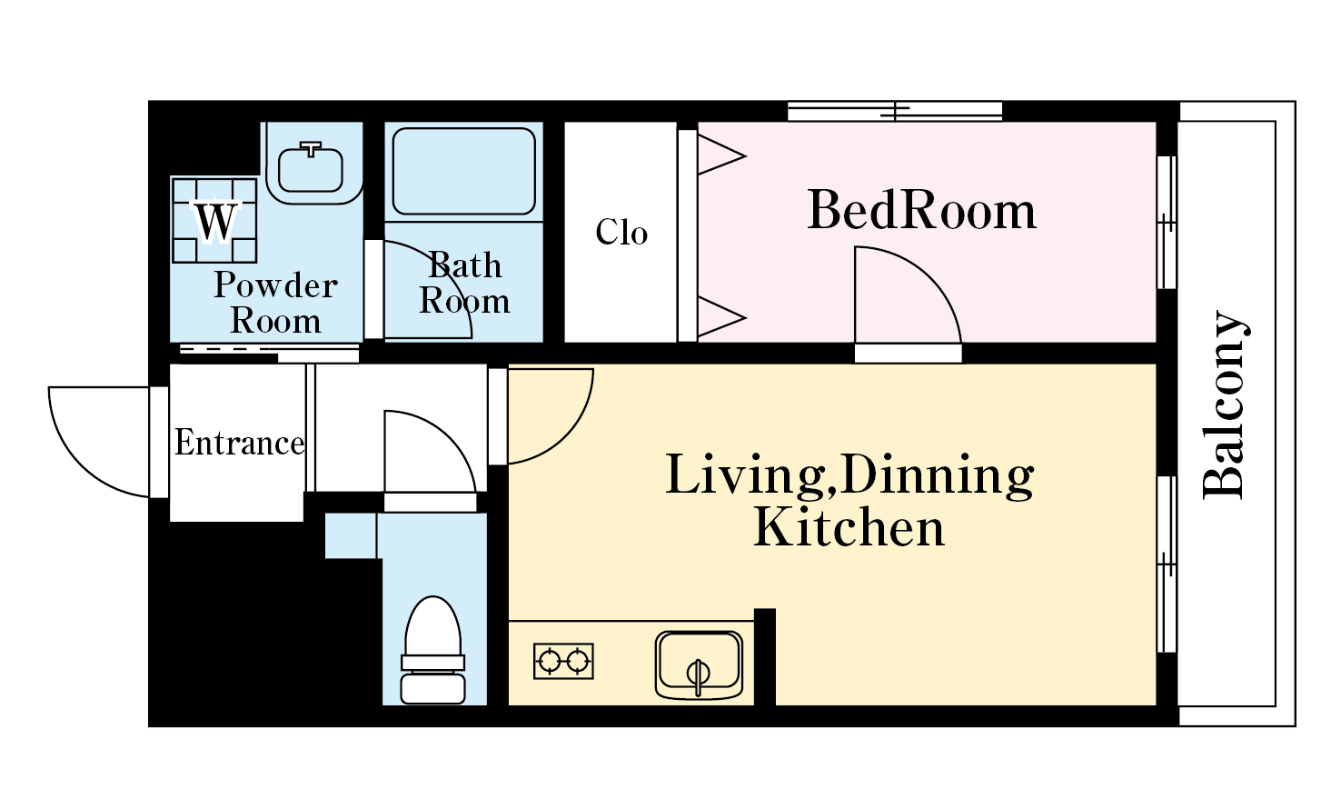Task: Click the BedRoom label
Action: coord(922,210)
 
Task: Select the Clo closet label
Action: coord(621,232)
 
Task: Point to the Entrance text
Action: coord(239,444)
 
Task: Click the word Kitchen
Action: coord(849,527)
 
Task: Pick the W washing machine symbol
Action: coord(215,220)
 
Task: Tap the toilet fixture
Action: coord(432,650)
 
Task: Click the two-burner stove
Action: coord(563,661)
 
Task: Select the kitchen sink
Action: coord(699,664)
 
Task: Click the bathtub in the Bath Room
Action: coord(464,171)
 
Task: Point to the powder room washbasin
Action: coord(311,168)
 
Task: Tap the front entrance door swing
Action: coord(99,442)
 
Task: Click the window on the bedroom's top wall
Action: coord(895,112)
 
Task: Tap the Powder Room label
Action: coord(276,303)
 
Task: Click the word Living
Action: coord(745,476)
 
